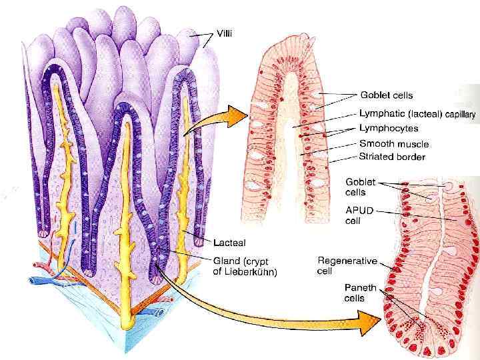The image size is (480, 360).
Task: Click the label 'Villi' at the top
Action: coord(225,31)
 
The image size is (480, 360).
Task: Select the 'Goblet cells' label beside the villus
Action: coord(386,95)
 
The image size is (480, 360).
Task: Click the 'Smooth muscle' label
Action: coord(394,143)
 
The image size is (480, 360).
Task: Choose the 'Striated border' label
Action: coord(392,157)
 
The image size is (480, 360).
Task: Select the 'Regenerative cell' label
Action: coord(347,265)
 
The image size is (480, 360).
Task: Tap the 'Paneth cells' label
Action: coord(360,293)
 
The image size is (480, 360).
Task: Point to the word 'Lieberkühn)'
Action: coord(250,272)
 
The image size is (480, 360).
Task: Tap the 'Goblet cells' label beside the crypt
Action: coord(360,187)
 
